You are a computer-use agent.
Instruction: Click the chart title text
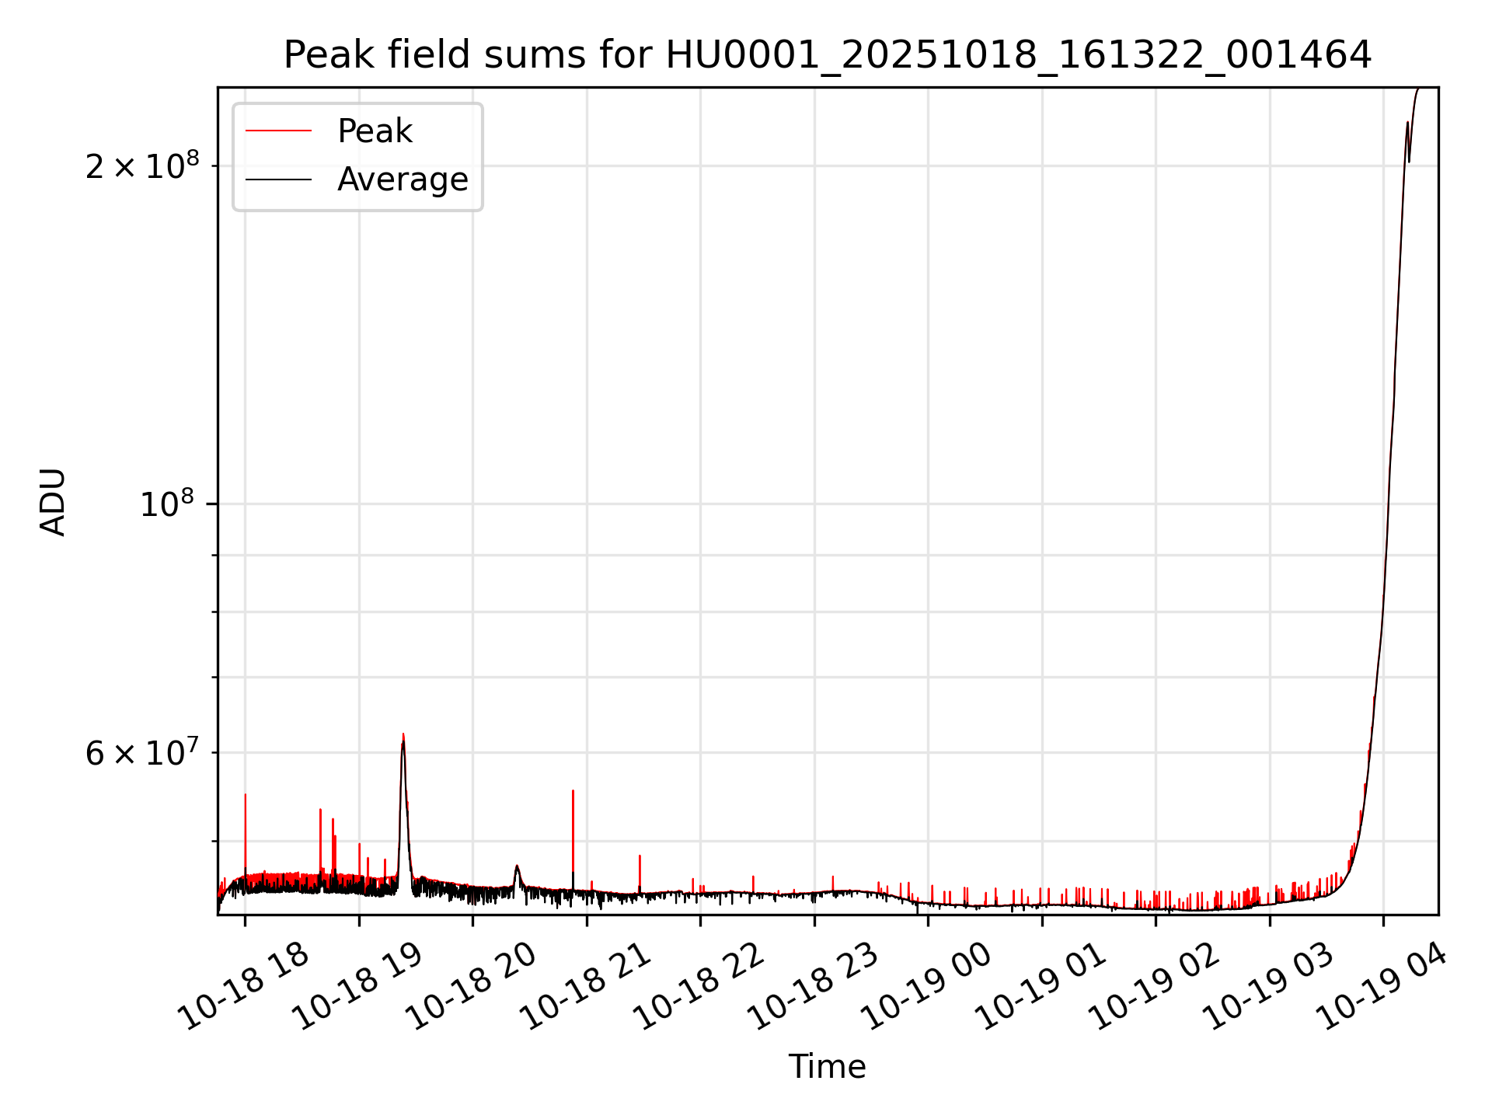coord(828,55)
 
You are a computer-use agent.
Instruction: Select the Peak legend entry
coord(374,131)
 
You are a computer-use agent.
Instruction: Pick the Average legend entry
coord(402,180)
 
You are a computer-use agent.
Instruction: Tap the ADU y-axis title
coord(53,501)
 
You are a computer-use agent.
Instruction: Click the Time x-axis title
coord(827,1066)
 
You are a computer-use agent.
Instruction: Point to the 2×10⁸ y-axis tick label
coord(141,166)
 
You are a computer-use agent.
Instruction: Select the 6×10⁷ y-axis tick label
coord(141,753)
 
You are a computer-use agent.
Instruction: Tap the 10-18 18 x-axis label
coord(244,986)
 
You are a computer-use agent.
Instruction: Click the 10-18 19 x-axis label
coord(358,986)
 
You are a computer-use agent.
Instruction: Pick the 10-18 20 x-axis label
coord(472,986)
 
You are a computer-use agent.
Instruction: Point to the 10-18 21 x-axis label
coord(586,986)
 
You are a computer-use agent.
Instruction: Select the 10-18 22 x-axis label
coord(699,986)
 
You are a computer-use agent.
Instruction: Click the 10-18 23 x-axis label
coord(814,986)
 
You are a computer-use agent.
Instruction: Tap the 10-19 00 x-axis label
coord(927,986)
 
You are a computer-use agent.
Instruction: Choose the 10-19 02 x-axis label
coord(1155,986)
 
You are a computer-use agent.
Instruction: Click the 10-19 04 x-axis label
coord(1382,986)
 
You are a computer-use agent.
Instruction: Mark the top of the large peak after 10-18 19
coord(403,734)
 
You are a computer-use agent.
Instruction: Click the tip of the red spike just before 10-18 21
coord(573,791)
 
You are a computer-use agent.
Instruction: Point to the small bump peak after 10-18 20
coord(517,866)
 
